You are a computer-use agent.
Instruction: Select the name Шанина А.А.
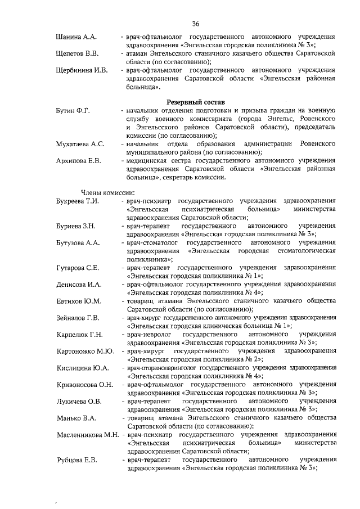77,37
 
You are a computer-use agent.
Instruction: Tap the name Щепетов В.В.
78,53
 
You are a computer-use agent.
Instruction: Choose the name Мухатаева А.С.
80,145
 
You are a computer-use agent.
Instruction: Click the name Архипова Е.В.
79,161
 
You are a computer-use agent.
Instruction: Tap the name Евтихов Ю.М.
79,301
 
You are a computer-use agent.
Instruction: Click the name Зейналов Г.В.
78,318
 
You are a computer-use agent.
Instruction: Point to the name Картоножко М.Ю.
85,352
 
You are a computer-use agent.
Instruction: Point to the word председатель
308,128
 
